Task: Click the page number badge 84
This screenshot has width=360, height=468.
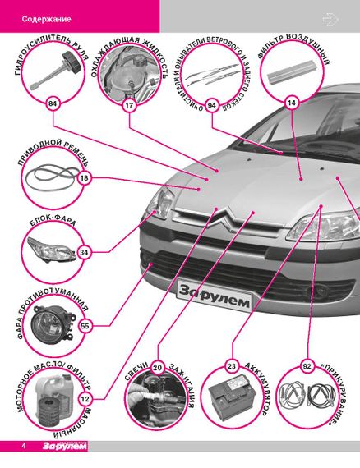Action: (53, 104)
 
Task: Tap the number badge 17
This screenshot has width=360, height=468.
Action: (129, 105)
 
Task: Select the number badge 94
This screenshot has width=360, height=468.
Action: (212, 105)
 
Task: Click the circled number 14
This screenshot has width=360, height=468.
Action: (291, 103)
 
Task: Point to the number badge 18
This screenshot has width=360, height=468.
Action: (85, 178)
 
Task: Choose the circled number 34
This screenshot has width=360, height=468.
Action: (84, 253)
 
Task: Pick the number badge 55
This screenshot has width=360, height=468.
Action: (85, 326)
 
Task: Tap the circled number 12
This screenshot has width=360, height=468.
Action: (85, 399)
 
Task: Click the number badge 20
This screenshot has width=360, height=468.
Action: (158, 368)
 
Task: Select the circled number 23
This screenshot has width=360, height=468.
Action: (232, 366)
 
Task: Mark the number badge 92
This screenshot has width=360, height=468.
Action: (307, 366)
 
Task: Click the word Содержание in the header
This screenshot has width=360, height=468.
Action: (46, 19)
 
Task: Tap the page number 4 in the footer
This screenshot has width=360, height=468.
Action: (24, 446)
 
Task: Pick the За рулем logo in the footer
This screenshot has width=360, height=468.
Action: (65, 446)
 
